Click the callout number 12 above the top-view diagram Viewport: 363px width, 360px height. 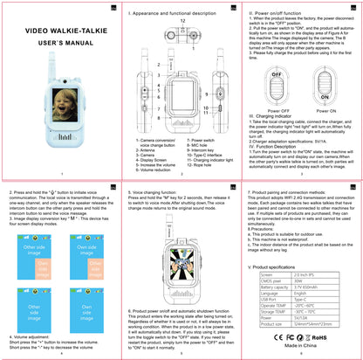pyautogui.click(x=181, y=20)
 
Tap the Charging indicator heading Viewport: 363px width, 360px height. pyautogui.click(x=277, y=116)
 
